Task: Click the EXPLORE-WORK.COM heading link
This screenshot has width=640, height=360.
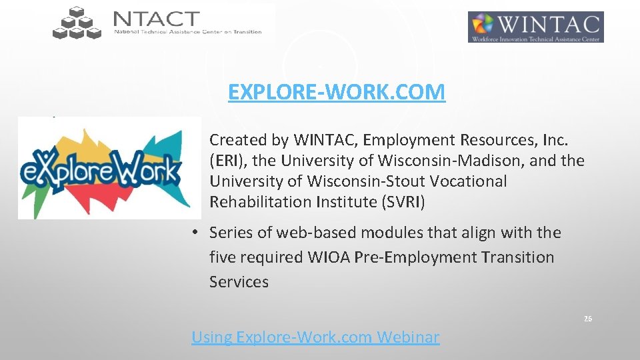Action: point(336,92)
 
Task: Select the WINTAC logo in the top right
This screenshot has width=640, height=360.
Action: point(535,27)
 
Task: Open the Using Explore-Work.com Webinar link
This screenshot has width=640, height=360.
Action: point(315,337)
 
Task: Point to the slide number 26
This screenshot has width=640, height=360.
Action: point(587,319)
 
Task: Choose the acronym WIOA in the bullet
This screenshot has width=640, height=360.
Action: point(343,257)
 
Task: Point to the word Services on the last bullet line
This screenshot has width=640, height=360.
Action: point(239,282)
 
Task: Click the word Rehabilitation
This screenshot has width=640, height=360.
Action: point(251,202)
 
